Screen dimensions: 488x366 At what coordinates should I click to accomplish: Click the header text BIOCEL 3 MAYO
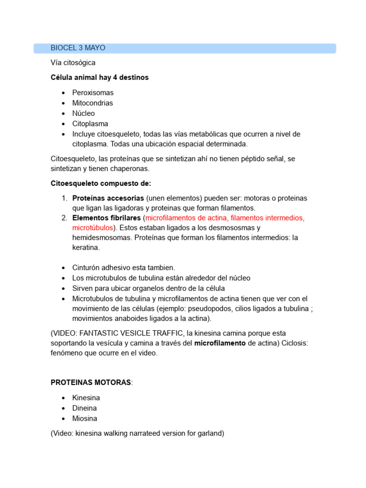[78, 48]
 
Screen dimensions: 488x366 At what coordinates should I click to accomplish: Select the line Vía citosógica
[73, 62]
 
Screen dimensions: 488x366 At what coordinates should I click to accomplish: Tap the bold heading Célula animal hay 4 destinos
[100, 77]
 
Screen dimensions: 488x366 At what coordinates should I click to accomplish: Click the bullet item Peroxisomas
[93, 92]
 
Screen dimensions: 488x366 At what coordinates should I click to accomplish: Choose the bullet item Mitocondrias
[92, 103]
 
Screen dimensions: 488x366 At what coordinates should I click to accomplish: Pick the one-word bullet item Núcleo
[83, 113]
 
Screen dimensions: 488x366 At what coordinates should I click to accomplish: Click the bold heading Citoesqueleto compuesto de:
[101, 183]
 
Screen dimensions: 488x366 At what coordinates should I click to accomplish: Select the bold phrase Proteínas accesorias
[108, 198]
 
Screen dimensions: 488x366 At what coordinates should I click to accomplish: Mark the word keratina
[86, 248]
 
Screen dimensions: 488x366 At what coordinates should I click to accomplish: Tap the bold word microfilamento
[220, 343]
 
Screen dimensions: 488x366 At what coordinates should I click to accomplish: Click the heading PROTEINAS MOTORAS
[91, 383]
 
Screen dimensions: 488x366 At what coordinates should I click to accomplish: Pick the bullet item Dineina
[84, 408]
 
